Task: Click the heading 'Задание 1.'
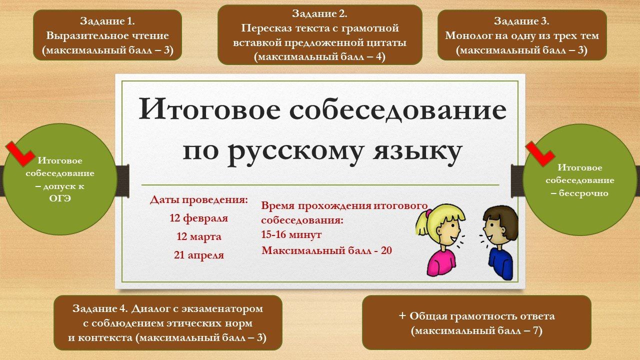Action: pyautogui.click(x=107, y=21)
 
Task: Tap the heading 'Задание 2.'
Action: pyautogui.click(x=319, y=13)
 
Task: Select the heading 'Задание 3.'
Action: pyautogui.click(x=521, y=21)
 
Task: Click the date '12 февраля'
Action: pyautogui.click(x=199, y=218)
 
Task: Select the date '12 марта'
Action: pyautogui.click(x=199, y=236)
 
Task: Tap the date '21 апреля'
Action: pyautogui.click(x=199, y=255)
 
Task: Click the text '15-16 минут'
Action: pyautogui.click(x=291, y=235)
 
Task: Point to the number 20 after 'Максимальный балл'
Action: pyautogui.click(x=386, y=250)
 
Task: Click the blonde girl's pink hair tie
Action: pyautogui.click(x=428, y=213)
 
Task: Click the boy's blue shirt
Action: pyautogui.click(x=500, y=263)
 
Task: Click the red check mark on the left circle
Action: pyautogui.click(x=20, y=154)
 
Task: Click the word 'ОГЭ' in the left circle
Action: pyautogui.click(x=60, y=198)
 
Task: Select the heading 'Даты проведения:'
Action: pyautogui.click(x=199, y=200)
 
